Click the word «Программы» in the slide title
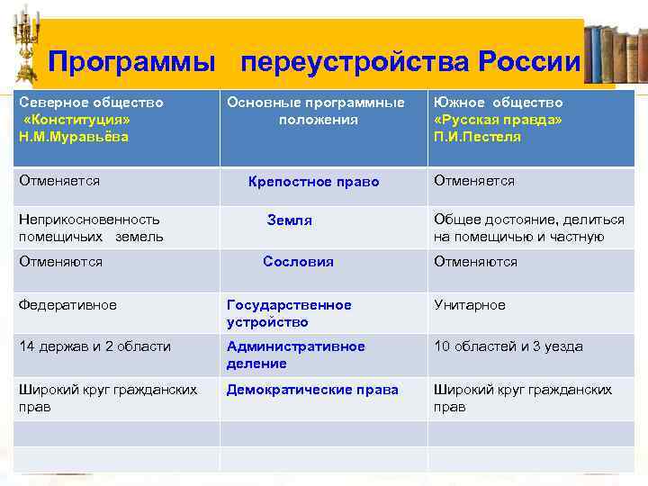[x=131, y=62]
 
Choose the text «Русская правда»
[x=498, y=120]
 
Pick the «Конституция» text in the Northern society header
[x=77, y=120]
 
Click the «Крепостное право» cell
[x=313, y=182]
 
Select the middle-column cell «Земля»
[x=290, y=220]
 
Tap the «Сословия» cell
[x=298, y=262]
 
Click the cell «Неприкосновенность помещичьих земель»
[x=91, y=228]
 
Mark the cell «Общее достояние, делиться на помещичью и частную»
[x=528, y=228]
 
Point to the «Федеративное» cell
[x=67, y=305]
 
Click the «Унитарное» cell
[x=470, y=305]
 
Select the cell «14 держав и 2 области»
[x=94, y=346]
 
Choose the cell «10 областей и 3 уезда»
[x=508, y=346]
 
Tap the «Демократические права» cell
[x=312, y=390]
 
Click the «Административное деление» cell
[x=295, y=355]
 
